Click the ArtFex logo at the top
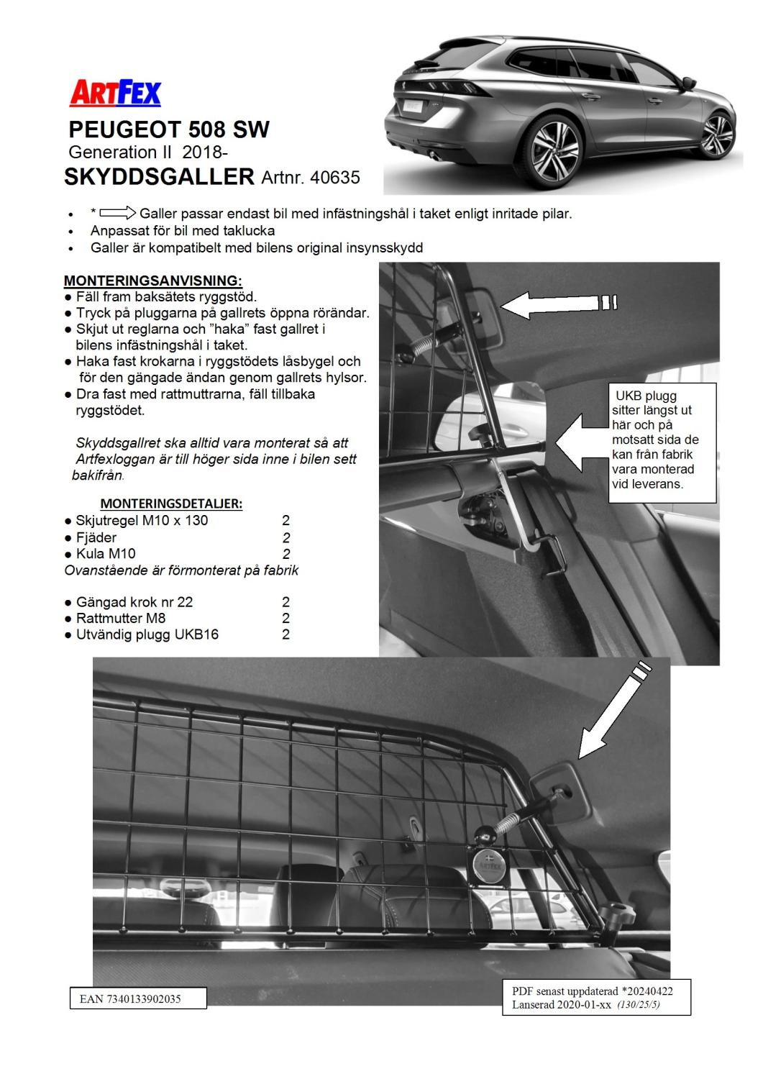(115, 94)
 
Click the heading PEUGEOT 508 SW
(169, 129)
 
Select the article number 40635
(334, 177)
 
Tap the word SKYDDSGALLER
(159, 177)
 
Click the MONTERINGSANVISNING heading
(153, 281)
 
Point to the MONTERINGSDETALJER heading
(171, 504)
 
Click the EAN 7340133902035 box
(138, 998)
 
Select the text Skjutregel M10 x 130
(142, 520)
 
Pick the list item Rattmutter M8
(120, 618)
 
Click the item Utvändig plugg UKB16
(147, 634)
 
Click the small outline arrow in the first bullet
(118, 213)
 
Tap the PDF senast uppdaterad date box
(597, 997)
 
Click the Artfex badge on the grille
(489, 863)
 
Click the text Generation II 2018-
(148, 152)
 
